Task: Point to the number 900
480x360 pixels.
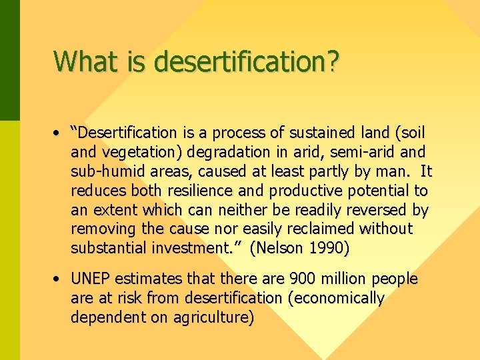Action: pos(296,279)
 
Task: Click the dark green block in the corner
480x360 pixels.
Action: pos(9,60)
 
